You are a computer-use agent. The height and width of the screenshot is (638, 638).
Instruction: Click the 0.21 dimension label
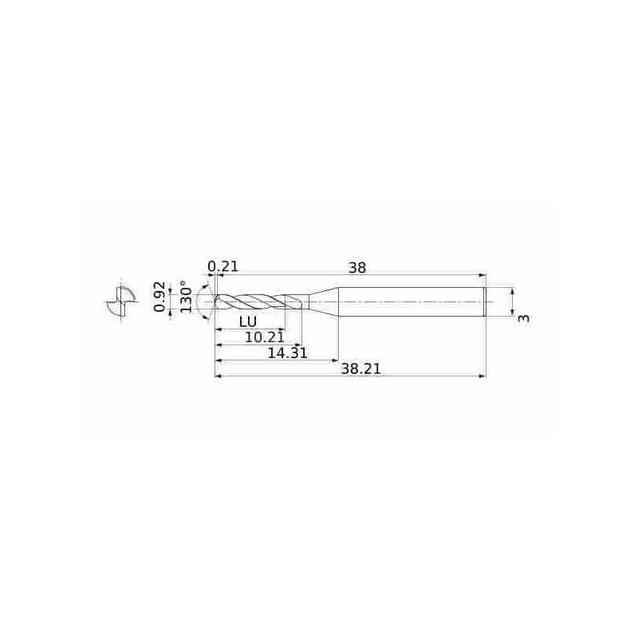[x=223, y=267]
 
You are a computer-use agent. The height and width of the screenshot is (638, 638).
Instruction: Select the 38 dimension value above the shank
[x=357, y=268]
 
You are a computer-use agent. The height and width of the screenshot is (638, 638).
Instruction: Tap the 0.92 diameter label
[x=159, y=297]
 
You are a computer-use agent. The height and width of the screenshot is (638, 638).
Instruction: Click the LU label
[x=247, y=322]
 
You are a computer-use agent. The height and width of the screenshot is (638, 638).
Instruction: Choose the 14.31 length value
[x=288, y=352]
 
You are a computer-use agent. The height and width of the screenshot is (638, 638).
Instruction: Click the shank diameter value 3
[x=523, y=318]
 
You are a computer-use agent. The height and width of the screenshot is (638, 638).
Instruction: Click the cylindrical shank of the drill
[x=411, y=302]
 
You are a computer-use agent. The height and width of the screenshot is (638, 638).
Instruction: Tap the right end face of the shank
[x=485, y=302]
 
